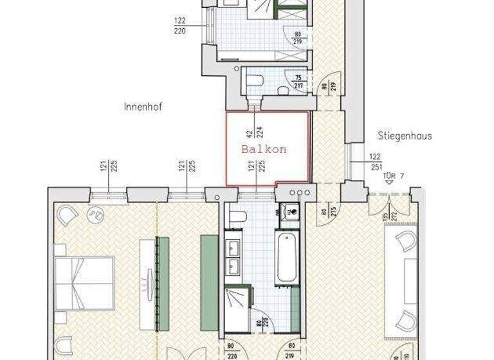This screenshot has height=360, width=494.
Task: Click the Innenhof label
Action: pos(142,107)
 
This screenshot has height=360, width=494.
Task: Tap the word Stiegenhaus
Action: pos(404,136)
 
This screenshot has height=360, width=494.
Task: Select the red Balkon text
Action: pos(263,148)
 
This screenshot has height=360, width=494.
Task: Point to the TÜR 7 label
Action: pos(394,174)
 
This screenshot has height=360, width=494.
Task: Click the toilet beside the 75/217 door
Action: pos(254,80)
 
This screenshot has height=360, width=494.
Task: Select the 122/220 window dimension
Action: pos(180,26)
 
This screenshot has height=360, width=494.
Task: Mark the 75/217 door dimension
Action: pos(298,82)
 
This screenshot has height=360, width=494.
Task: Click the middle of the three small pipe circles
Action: pos(299,192)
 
